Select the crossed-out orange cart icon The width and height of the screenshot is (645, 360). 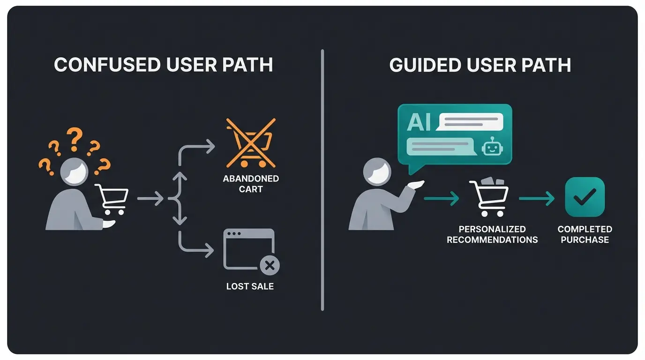click(x=250, y=143)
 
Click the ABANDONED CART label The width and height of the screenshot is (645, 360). click(x=251, y=184)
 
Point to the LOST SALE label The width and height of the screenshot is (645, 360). click(x=250, y=286)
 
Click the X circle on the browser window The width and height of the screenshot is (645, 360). click(x=269, y=266)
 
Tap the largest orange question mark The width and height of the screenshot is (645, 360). click(x=74, y=139)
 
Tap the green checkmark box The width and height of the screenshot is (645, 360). click(x=585, y=197)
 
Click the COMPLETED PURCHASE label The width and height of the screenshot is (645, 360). click(x=585, y=234)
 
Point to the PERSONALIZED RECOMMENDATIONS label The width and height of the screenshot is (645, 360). click(x=492, y=234)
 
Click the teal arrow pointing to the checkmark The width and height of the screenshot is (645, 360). click(x=537, y=199)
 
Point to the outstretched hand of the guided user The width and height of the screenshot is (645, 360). click(x=416, y=184)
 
